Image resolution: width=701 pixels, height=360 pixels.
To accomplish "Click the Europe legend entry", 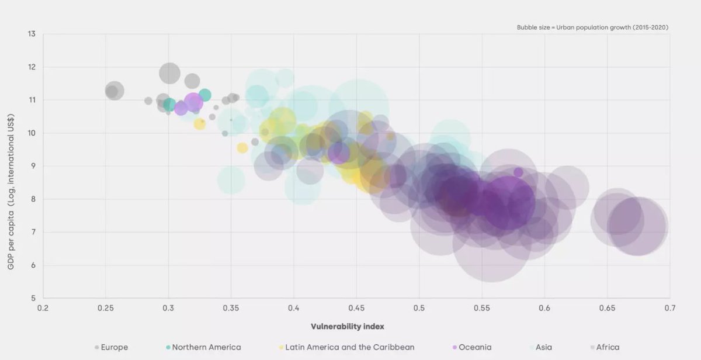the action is pos(112,347).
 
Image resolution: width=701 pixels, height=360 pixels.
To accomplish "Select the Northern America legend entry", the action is pos(203,347).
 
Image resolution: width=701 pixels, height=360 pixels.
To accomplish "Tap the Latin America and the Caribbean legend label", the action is pos(347,347).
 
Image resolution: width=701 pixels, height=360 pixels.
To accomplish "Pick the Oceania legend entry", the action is pos(472,347).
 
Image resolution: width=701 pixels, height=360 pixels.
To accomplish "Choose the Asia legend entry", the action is pos(541,347).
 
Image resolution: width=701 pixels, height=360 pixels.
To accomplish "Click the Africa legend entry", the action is pos(605,347).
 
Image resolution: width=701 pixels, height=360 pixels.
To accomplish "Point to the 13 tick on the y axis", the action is pos(32,34).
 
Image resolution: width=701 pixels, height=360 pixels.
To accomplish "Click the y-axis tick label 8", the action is pos(33,199).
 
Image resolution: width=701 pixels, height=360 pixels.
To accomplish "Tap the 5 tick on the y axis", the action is pos(33,298).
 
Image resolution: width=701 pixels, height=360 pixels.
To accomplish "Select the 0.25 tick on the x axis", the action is pos(106,308).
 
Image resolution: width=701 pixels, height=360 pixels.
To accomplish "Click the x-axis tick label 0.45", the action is pos(356,308).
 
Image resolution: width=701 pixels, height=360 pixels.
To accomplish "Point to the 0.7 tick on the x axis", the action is pos(670,308).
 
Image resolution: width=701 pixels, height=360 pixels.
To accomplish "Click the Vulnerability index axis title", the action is pos(348,327).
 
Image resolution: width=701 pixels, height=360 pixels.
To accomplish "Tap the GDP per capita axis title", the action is pos(11,192).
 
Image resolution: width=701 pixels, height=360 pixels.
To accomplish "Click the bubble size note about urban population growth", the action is pos(592,27).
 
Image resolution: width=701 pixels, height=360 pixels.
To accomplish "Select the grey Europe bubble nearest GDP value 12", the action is pos(169,73).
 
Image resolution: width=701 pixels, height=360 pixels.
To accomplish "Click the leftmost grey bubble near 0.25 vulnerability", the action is pos(114,91).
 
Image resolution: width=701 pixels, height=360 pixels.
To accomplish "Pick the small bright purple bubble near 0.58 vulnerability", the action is pos(518,172).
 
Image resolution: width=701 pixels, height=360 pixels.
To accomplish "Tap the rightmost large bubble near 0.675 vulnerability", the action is pos(638,226).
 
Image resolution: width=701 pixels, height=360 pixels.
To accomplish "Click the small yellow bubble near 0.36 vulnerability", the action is pos(242,148).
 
